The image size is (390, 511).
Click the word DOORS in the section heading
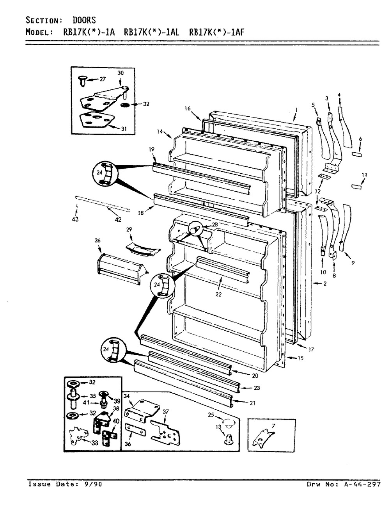coord(84,20)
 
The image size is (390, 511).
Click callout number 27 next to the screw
coord(103,79)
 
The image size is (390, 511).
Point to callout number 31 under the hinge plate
coord(124,128)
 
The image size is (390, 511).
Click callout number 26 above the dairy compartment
coord(97,240)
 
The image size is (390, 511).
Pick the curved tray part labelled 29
coord(143,250)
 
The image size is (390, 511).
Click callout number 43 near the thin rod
coord(75,219)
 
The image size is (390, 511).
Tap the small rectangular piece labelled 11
coord(356,186)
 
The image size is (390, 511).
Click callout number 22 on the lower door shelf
coord(218,294)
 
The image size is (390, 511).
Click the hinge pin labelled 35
coord(73,399)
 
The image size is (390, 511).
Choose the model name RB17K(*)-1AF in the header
coord(217,32)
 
